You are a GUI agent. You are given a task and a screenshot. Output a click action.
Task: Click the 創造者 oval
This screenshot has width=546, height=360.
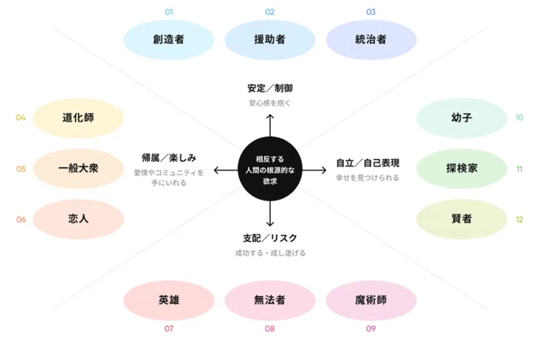[169, 39]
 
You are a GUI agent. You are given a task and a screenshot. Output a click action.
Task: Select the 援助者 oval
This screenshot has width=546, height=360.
[270, 39]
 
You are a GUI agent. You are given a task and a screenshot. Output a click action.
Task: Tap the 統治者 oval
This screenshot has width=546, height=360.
[371, 39]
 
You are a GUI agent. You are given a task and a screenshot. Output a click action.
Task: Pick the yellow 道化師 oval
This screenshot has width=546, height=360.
[78, 118]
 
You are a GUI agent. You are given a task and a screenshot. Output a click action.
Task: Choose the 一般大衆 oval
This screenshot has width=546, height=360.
[78, 168]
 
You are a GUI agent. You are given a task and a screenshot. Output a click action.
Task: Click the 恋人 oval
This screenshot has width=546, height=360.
[78, 219]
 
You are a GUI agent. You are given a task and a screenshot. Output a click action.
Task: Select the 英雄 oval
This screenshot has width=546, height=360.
[169, 300]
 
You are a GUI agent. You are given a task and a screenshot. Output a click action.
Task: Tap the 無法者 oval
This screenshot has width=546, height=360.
[270, 300]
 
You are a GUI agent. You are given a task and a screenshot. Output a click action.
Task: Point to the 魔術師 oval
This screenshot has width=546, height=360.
[371, 300]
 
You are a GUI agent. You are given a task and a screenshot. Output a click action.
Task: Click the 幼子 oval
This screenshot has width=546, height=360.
[461, 118]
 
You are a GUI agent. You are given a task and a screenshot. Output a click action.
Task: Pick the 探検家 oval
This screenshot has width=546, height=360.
[461, 168]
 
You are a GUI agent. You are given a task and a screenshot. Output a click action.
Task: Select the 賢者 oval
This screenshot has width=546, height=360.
[461, 219]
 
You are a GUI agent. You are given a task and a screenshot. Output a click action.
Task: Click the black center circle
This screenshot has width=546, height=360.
[270, 169]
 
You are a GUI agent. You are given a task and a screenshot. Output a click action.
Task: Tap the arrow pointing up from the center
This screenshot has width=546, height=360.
[270, 125]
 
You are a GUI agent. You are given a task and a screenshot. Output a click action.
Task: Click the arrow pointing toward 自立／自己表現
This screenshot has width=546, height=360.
[315, 170]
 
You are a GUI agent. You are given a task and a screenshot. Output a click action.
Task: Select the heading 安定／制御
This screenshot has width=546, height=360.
[270, 88]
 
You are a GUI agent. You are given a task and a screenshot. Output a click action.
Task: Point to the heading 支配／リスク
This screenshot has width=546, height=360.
[270, 238]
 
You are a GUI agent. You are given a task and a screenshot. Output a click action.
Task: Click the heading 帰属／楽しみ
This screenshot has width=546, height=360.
[169, 158]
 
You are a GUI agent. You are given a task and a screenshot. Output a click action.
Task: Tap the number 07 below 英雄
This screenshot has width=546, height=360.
[169, 329]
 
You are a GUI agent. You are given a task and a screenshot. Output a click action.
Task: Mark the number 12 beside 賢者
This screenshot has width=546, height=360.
[519, 219]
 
